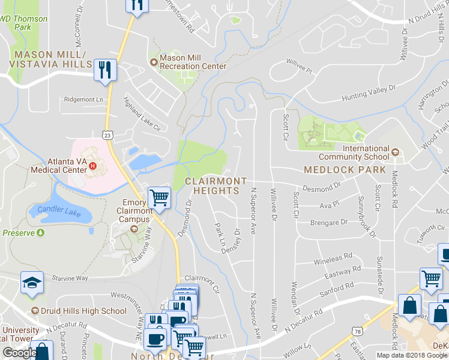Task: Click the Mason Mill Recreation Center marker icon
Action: click(153, 61)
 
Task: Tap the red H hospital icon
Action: click(92, 166)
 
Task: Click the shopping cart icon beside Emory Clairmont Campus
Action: click(159, 197)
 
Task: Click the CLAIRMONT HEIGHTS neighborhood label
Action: click(216, 185)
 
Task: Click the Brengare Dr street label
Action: click(329, 223)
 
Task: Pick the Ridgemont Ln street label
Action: click(83, 99)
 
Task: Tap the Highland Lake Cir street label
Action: click(142, 115)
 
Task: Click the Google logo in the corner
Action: click(20, 353)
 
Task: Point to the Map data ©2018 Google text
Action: click(411, 355)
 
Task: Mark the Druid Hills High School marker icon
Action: click(35, 311)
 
